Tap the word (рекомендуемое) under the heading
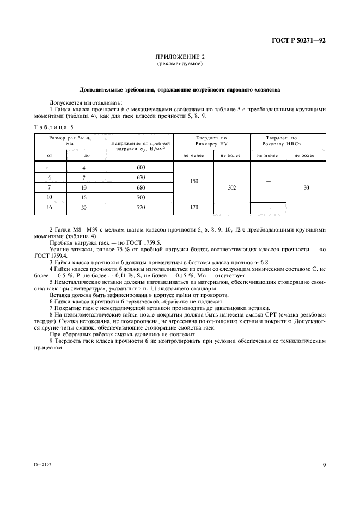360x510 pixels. click(179, 64)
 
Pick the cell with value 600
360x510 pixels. click(141, 168)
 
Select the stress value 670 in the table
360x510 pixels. click(141, 178)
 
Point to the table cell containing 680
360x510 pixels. click(141, 187)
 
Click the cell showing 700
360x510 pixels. click(141, 197)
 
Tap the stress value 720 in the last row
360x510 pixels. click(141, 208)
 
